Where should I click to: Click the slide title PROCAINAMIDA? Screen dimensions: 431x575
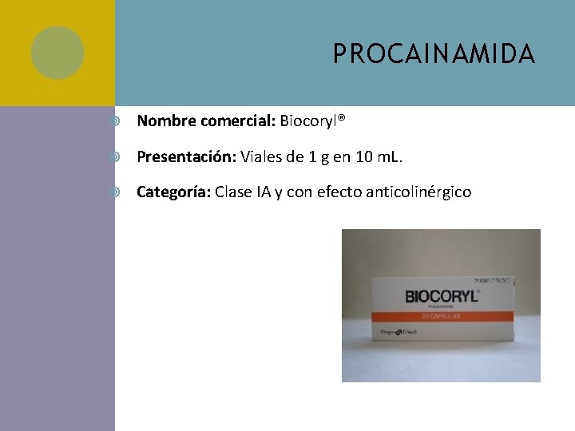tap(434, 54)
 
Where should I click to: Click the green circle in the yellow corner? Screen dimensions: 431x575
tap(57, 53)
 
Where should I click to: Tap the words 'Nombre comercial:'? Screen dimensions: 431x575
tap(206, 121)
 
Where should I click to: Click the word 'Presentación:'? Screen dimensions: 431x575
tap(186, 156)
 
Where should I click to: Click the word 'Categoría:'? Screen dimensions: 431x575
tap(174, 192)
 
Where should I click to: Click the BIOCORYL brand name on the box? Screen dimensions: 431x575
tap(442, 296)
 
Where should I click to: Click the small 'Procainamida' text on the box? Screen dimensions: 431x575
tap(442, 307)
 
